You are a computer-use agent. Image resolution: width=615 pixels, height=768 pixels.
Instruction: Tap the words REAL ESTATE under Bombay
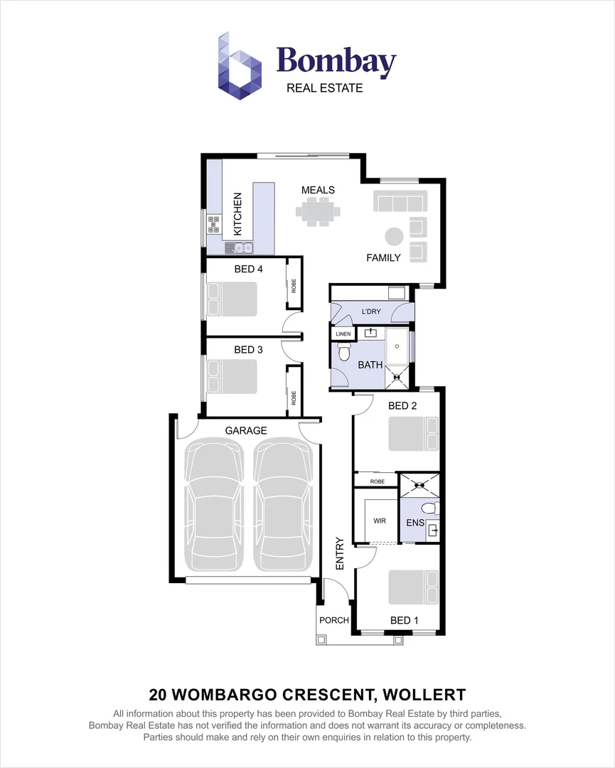[324, 88]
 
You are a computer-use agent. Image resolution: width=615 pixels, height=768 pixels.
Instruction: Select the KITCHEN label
[238, 214]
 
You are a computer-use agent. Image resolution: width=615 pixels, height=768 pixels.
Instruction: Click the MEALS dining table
[318, 211]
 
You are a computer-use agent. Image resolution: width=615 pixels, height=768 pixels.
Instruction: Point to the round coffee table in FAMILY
[393, 237]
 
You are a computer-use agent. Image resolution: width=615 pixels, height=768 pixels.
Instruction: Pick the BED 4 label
[249, 269]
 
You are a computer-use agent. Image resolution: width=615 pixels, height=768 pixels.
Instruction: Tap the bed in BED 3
[232, 375]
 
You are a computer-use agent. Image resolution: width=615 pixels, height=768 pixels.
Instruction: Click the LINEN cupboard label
[343, 334]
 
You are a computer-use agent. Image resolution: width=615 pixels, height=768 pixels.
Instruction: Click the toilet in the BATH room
[343, 351]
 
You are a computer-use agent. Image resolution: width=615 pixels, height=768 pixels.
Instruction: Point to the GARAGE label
[246, 430]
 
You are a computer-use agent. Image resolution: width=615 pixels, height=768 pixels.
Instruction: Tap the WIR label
[380, 521]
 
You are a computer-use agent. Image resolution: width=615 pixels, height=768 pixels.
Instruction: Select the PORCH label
[334, 620]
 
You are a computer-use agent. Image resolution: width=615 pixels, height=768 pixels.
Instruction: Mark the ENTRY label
[339, 553]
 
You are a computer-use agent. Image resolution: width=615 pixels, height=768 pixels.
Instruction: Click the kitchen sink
[240, 248]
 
